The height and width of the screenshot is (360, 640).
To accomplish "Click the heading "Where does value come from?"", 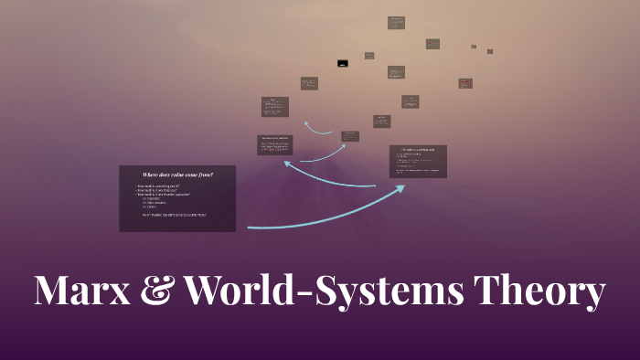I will (x=177, y=174).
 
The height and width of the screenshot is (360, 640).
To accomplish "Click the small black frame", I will (x=343, y=64).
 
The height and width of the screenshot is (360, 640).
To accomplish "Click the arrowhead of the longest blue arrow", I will (x=402, y=187).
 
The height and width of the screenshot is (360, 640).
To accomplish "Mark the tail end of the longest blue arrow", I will (x=249, y=227).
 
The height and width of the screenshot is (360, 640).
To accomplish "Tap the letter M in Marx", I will (x=53, y=291).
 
